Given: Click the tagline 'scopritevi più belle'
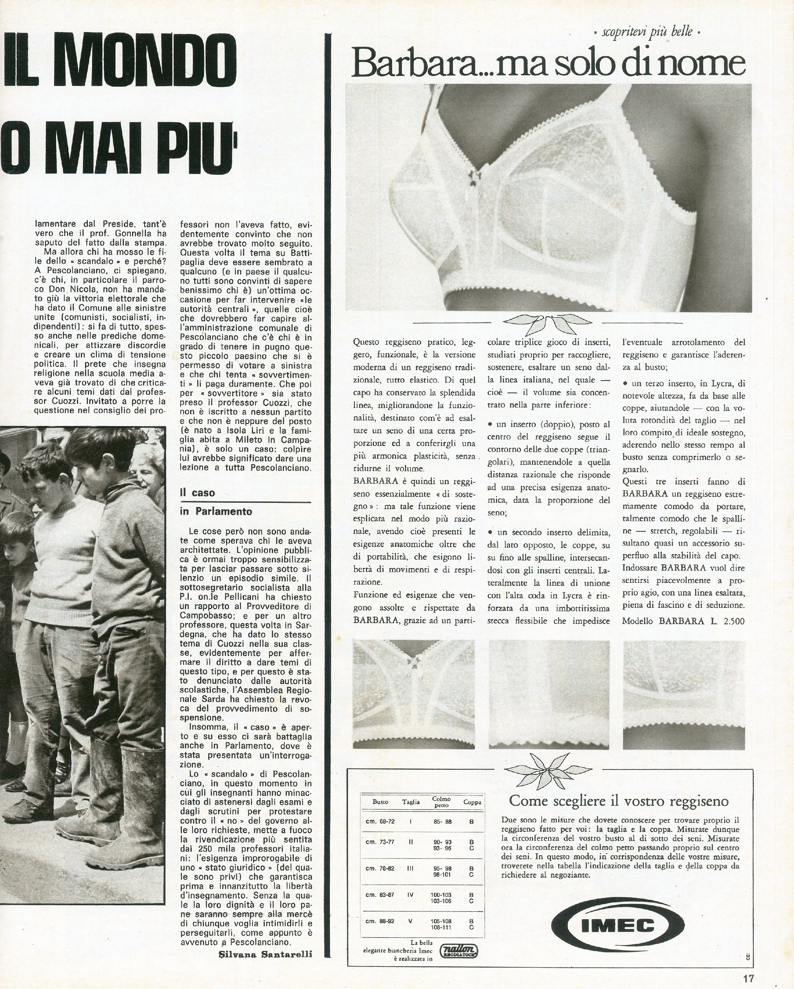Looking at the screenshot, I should coord(646,33).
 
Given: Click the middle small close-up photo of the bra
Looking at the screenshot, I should coord(549,695).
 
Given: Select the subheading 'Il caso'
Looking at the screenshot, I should coord(197,493).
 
